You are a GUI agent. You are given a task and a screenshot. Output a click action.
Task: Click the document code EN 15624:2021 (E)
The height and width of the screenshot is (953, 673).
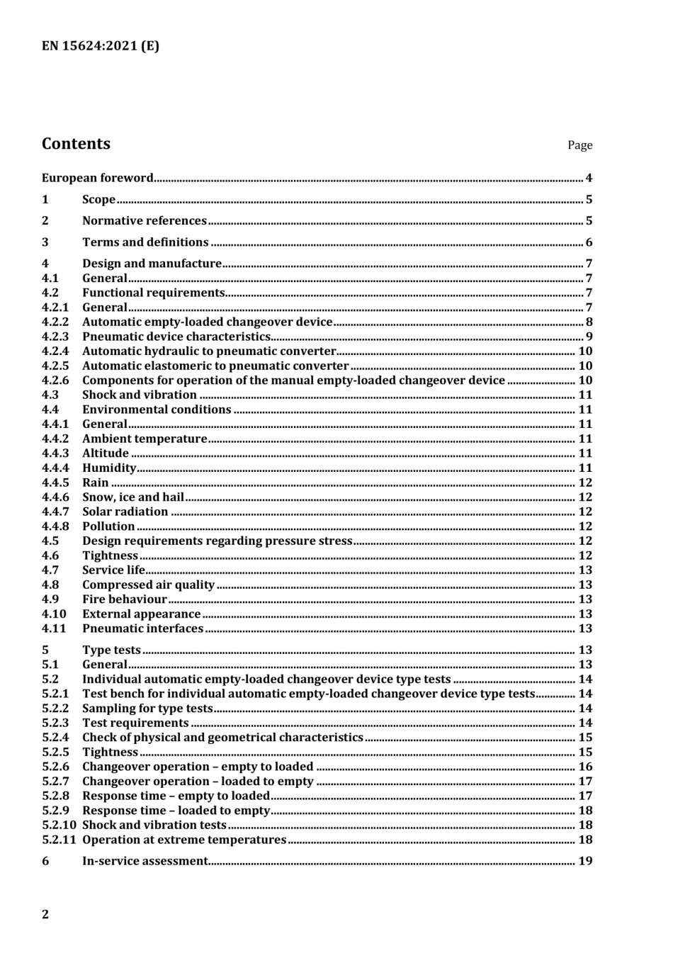(x=101, y=46)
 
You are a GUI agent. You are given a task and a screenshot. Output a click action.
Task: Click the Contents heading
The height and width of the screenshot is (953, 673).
(x=76, y=144)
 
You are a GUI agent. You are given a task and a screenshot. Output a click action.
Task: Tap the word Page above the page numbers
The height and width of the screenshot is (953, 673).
(x=579, y=145)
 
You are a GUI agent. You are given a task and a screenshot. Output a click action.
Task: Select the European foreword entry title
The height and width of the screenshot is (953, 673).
(x=97, y=178)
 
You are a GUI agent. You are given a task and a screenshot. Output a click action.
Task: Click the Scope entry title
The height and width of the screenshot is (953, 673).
(x=98, y=200)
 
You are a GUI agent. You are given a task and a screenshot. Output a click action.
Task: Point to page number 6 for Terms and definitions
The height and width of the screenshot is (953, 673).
(x=589, y=242)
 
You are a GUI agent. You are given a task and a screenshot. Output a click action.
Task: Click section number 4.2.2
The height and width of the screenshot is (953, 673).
(x=55, y=322)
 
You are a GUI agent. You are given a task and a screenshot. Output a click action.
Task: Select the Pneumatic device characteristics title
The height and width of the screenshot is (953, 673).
(x=176, y=337)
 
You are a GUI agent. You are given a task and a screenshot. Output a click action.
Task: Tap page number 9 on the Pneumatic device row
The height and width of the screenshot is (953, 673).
(x=589, y=337)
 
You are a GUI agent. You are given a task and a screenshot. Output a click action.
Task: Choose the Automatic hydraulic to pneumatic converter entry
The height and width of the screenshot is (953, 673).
(x=209, y=351)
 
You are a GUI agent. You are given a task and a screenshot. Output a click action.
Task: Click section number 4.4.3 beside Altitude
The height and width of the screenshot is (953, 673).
(x=55, y=453)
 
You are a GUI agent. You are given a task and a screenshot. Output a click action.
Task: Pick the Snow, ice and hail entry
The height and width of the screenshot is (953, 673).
(x=133, y=497)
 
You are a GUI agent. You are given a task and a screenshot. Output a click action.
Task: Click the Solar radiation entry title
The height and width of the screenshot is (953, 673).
(x=125, y=512)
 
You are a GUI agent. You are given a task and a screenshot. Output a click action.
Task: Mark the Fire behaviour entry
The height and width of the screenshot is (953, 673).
(x=125, y=599)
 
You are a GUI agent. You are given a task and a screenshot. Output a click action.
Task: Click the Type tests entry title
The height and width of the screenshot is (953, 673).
(x=111, y=650)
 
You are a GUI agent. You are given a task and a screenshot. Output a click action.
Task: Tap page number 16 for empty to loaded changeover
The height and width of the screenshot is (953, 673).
(x=585, y=767)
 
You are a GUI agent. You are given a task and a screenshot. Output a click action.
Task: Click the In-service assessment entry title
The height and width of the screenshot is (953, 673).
(x=145, y=862)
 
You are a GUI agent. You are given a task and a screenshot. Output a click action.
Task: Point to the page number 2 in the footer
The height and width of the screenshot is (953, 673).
(x=46, y=914)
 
